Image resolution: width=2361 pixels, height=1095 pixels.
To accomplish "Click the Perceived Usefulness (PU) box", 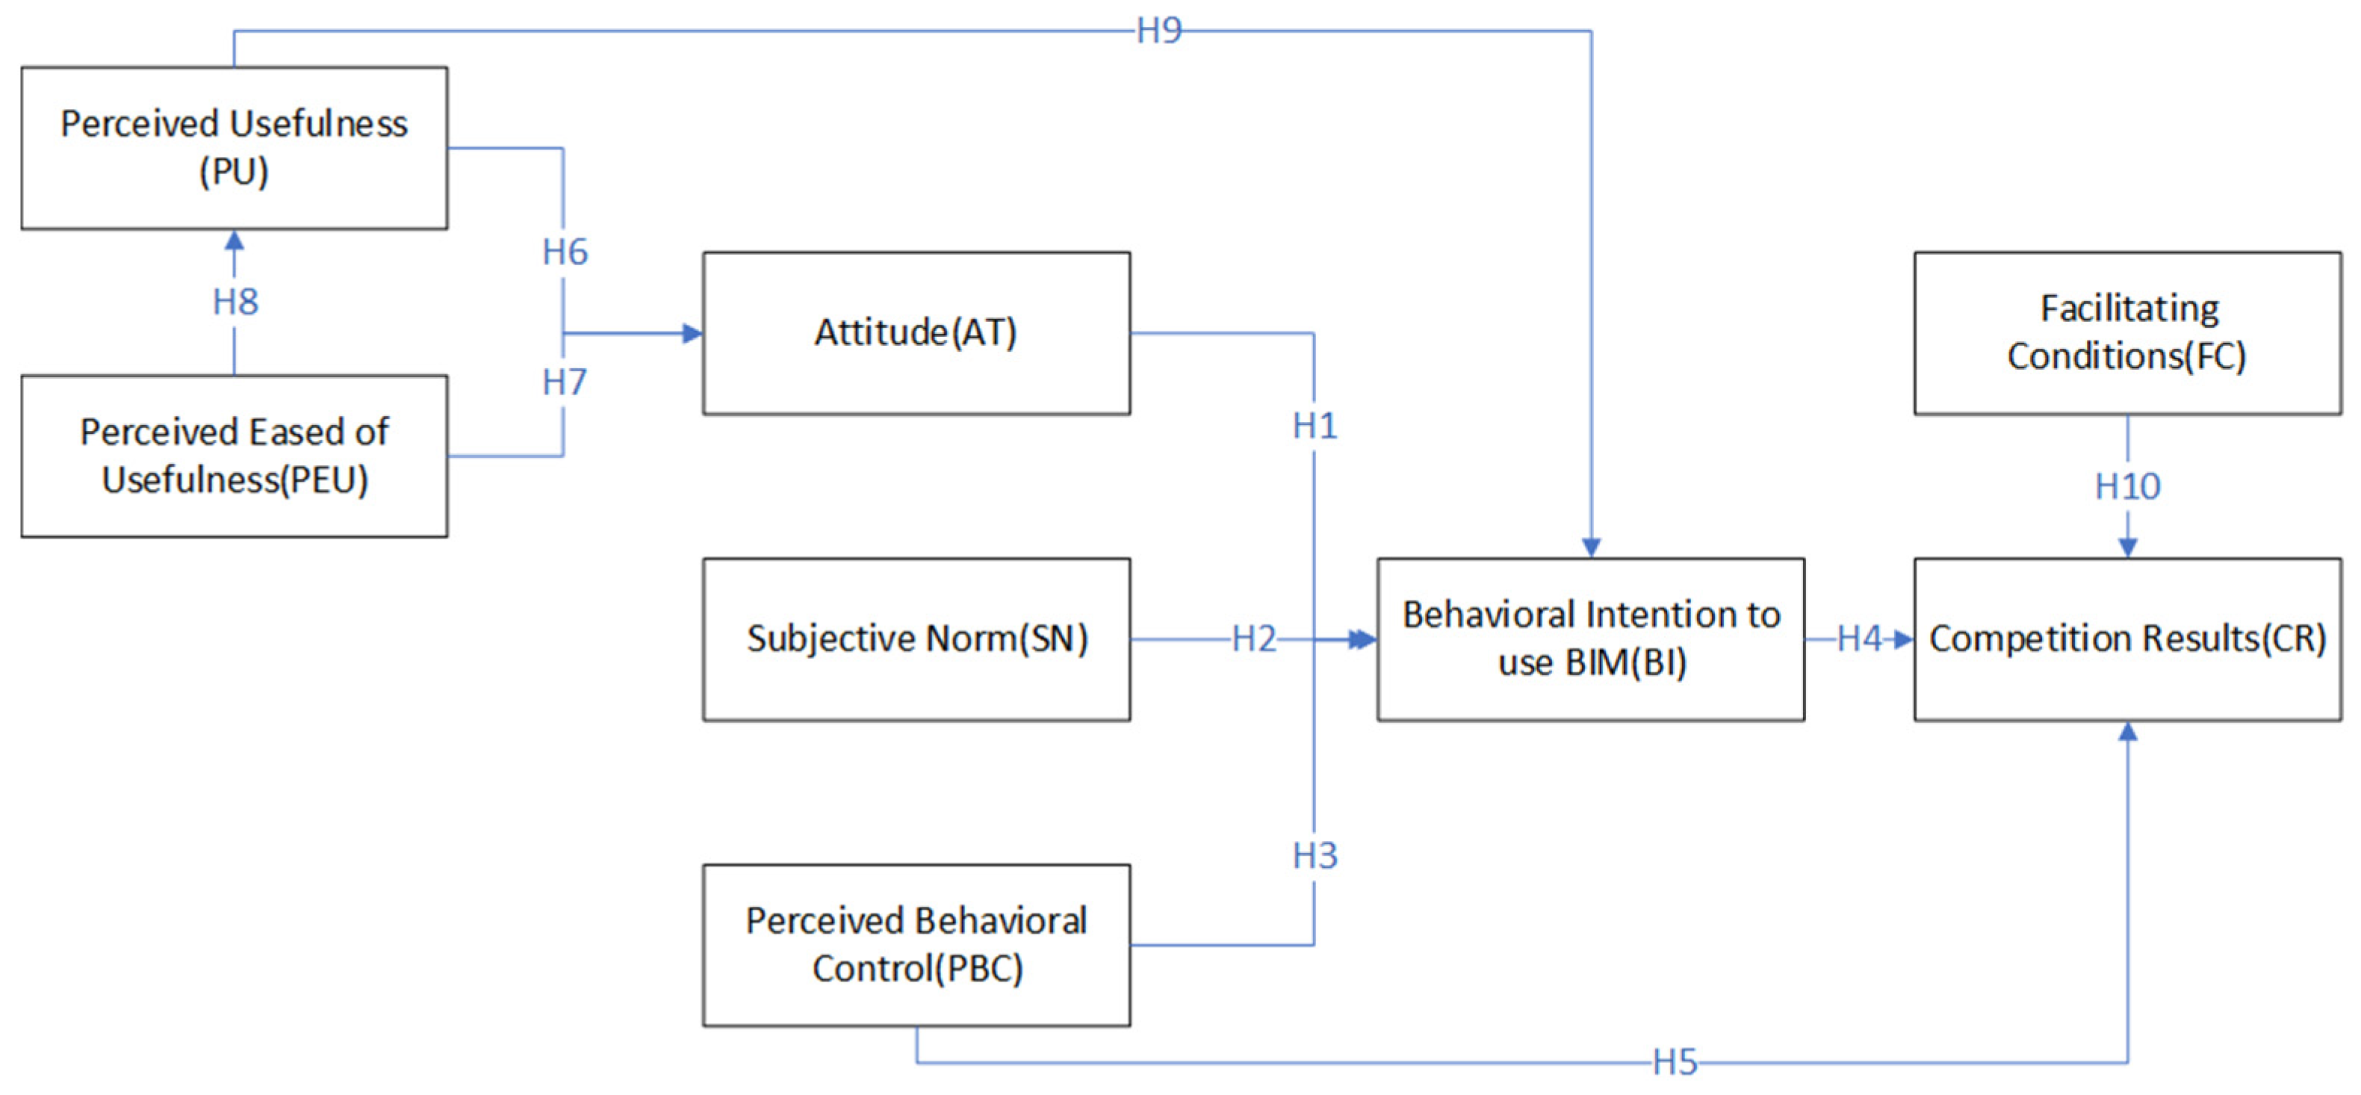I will click(234, 148).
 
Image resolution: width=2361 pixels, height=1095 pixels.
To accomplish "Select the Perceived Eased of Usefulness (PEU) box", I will click(234, 456).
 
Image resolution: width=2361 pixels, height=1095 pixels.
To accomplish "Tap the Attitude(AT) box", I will click(916, 332).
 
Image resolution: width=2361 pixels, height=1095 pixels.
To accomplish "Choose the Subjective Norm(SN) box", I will click(916, 639).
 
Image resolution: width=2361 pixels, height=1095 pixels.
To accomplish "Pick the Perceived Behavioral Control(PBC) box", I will click(916, 945).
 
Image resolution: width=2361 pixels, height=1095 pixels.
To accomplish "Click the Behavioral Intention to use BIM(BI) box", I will click(1590, 639).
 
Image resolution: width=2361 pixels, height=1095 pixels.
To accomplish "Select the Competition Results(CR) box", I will click(2127, 639).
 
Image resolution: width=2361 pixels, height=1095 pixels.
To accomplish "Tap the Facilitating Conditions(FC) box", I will click(2127, 332).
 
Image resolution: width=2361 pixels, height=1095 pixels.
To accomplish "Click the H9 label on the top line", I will click(1158, 31).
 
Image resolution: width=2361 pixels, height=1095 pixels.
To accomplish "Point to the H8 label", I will click(235, 302).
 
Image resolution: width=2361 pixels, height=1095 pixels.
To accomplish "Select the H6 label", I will click(565, 252).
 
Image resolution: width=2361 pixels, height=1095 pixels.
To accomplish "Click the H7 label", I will click(565, 382).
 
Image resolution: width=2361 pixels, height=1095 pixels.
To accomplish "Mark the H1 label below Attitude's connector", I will click(1315, 426).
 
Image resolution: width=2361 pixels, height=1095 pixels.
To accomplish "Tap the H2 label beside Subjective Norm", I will click(1253, 639).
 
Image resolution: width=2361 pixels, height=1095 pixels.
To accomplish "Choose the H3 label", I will click(1315, 856).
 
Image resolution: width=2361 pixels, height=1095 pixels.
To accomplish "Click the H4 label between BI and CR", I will click(1859, 639).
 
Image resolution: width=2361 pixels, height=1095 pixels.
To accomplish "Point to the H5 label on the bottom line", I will click(1675, 1063).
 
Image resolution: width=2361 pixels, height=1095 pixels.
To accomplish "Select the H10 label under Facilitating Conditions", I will click(2127, 486).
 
